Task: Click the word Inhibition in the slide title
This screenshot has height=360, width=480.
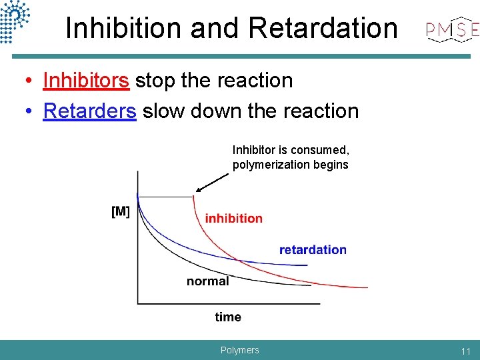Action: pyautogui.click(x=124, y=28)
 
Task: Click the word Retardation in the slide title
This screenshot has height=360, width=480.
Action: pyautogui.click(x=323, y=28)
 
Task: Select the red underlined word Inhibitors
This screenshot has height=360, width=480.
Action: pyautogui.click(x=85, y=80)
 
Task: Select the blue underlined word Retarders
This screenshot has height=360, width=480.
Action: pyautogui.click(x=89, y=111)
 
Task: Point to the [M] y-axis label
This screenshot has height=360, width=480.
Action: pyautogui.click(x=121, y=212)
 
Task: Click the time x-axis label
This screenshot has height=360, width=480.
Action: pyautogui.click(x=228, y=317)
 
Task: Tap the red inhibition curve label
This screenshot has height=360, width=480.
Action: pyautogui.click(x=233, y=218)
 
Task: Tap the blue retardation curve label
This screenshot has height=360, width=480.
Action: pyautogui.click(x=313, y=250)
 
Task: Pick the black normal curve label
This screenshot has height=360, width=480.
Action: pyautogui.click(x=207, y=281)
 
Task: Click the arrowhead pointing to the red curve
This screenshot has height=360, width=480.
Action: pyautogui.click(x=199, y=189)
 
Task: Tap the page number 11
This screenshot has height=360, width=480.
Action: pyautogui.click(x=465, y=351)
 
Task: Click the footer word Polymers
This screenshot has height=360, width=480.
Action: pyautogui.click(x=239, y=350)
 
